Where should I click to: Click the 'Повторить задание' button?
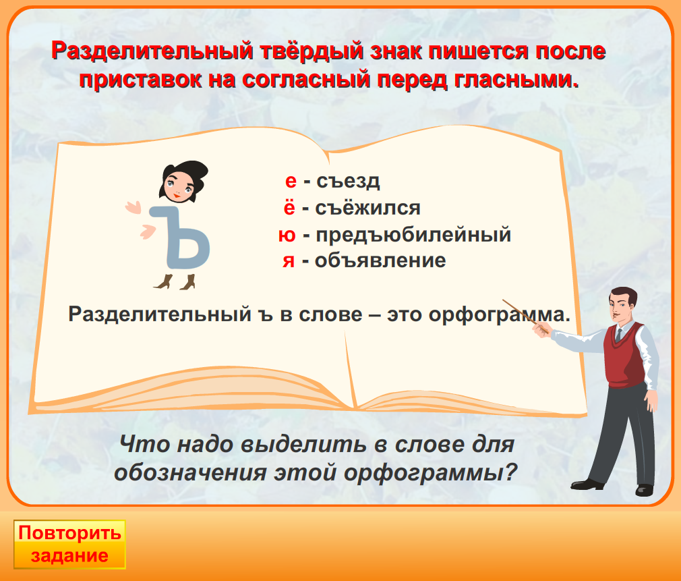(x=69, y=544)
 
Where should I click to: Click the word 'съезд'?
(x=348, y=182)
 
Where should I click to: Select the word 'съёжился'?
(x=367, y=207)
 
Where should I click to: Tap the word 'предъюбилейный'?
(x=413, y=235)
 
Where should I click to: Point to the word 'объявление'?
(x=380, y=260)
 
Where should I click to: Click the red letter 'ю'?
(x=287, y=236)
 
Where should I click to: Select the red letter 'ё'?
(x=289, y=207)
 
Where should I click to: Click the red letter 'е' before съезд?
(x=291, y=182)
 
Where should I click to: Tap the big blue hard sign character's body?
(x=183, y=239)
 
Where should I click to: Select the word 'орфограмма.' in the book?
(x=499, y=314)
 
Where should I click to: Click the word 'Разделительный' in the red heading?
(x=152, y=51)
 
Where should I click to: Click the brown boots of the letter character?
(x=175, y=281)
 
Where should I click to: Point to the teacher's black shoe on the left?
(x=587, y=484)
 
